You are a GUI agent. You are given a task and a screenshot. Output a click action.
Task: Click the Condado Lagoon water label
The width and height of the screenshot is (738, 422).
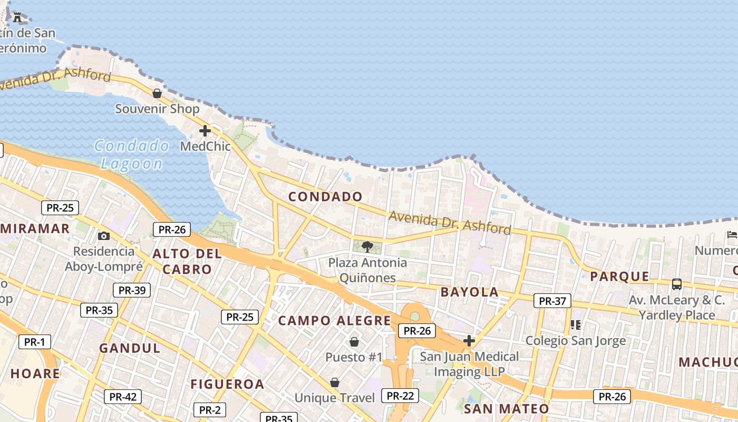click(x=132, y=155)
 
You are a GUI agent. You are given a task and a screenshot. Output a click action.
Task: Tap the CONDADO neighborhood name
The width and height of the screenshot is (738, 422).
click(x=325, y=197)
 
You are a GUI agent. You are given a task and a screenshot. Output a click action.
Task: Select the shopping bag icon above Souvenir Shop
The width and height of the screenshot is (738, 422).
click(x=157, y=93)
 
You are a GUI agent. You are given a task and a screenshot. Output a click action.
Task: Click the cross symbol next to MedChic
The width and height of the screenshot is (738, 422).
click(x=205, y=131)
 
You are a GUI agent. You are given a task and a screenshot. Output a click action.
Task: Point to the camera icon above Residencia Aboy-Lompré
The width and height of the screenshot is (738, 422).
click(x=104, y=236)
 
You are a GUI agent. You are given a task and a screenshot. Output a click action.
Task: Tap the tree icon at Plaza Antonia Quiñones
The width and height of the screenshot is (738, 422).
click(x=367, y=246)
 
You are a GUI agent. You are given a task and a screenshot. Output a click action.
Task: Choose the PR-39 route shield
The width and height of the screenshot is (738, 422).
click(x=132, y=290)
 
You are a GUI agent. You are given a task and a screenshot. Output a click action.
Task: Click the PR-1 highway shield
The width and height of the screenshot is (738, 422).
click(x=35, y=342)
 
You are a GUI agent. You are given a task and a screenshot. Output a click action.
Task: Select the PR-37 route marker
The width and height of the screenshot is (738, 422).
click(x=552, y=301)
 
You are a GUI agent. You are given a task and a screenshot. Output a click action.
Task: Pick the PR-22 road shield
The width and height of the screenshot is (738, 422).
click(x=401, y=396)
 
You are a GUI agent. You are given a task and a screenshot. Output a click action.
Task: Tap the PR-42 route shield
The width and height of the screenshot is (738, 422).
click(x=123, y=397)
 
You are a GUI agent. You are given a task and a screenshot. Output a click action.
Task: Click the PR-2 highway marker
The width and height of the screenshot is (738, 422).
click(x=210, y=410)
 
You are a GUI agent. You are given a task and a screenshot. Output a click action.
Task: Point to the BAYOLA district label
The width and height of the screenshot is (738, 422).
click(x=469, y=292)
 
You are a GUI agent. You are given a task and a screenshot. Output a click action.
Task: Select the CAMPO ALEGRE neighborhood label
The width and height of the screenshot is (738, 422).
click(x=334, y=321)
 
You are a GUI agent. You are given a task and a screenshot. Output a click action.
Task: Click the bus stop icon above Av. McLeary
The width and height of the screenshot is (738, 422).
click(x=677, y=284)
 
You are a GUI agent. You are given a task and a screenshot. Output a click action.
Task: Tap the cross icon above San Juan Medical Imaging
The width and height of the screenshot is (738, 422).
click(x=469, y=341)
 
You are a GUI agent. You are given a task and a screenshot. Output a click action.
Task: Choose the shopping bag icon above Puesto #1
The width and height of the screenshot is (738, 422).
click(x=354, y=342)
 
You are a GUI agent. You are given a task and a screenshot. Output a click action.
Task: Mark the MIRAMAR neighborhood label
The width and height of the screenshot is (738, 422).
click(x=36, y=228)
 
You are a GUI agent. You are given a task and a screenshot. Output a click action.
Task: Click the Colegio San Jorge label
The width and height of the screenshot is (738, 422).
click(x=576, y=341)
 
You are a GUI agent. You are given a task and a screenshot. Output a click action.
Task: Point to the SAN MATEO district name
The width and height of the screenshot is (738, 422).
click(x=506, y=409)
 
